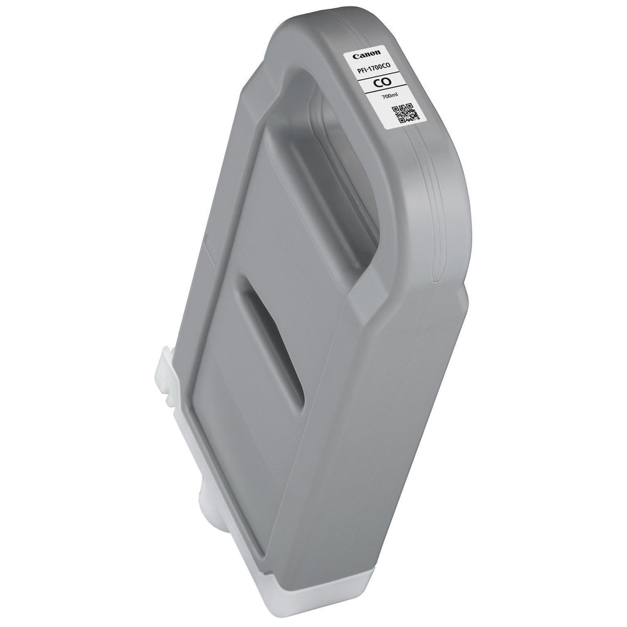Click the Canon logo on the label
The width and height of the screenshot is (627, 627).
click(366, 55)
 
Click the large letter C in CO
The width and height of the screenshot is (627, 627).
click(377, 83)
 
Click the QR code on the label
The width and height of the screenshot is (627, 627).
click(404, 113)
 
